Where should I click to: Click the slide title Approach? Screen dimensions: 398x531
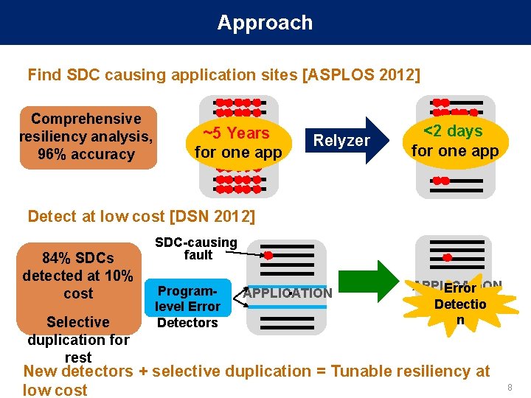[265, 23]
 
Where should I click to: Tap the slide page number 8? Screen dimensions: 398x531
[509, 388]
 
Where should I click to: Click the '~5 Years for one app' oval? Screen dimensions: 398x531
[237, 143]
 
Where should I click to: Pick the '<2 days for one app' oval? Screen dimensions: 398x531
[455, 141]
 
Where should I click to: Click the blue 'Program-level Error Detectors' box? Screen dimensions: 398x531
[188, 306]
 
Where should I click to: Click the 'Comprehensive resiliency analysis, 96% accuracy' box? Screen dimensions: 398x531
[87, 137]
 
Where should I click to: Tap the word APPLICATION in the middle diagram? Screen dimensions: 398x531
[288, 293]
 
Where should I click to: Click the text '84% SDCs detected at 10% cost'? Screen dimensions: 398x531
[78, 276]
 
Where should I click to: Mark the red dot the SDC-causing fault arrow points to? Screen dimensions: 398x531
[269, 256]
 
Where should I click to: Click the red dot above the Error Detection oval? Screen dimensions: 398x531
[447, 258]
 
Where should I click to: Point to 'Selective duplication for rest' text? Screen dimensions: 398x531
[78, 339]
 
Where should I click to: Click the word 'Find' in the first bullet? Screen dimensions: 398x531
[44, 75]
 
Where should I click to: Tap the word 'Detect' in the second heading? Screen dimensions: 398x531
[52, 216]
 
